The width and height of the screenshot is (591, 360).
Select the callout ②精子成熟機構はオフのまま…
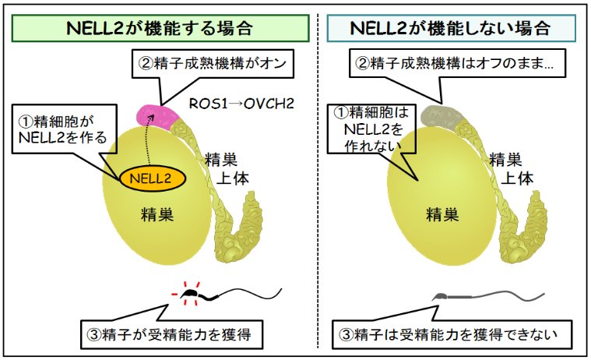tap(455, 64)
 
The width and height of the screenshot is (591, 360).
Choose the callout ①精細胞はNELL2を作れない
tap(365, 128)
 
